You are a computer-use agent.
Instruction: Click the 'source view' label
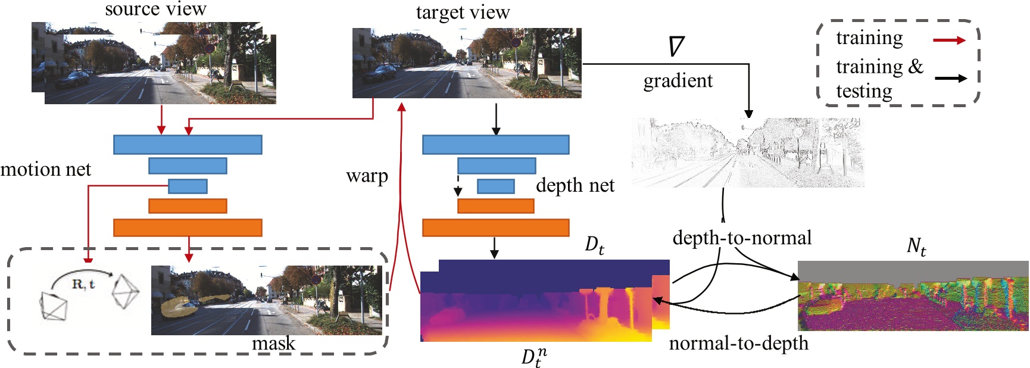click(155, 10)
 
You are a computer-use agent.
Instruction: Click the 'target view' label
click(463, 13)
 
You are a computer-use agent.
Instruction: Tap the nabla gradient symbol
click(676, 46)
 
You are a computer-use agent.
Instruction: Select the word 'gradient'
click(678, 80)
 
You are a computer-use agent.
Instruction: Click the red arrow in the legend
click(949, 40)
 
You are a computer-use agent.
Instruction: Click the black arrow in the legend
click(950, 78)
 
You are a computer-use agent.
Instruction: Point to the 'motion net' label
click(46, 170)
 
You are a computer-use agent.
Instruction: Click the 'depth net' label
click(575, 185)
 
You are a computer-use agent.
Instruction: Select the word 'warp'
click(367, 176)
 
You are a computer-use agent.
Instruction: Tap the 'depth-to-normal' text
click(742, 238)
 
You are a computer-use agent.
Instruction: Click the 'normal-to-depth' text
click(738, 343)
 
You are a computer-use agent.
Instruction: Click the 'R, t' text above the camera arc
click(83, 284)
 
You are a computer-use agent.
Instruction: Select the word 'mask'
click(273, 344)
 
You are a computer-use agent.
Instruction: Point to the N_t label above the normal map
click(916, 246)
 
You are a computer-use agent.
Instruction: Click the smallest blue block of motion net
click(188, 186)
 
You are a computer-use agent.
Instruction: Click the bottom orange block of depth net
click(495, 227)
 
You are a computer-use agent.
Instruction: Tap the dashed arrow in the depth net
click(458, 185)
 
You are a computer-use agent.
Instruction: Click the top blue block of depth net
click(495, 145)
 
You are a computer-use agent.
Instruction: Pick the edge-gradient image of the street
click(747, 153)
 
